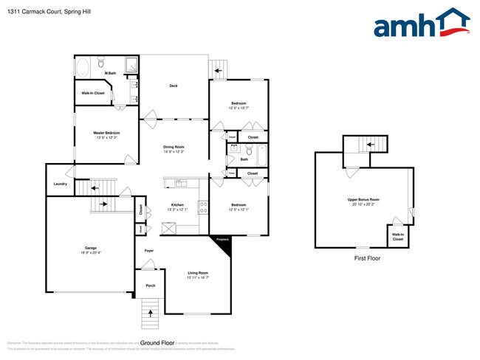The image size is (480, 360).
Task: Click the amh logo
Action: pos(421,24)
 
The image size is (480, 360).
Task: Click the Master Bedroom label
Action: pos(106,133)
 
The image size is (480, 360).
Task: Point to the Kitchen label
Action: pos(177,204)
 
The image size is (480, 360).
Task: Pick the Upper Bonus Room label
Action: pos(363,200)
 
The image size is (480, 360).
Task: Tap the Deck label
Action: pos(174,86)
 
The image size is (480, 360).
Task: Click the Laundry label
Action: pos(61,184)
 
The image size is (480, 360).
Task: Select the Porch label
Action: pos(150,285)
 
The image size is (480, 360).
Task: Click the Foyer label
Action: pos(148,252)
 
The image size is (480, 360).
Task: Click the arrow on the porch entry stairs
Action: pos(151,314)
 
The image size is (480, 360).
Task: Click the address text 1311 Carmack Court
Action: pos(44,11)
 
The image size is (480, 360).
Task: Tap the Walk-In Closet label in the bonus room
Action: pos(398,237)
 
